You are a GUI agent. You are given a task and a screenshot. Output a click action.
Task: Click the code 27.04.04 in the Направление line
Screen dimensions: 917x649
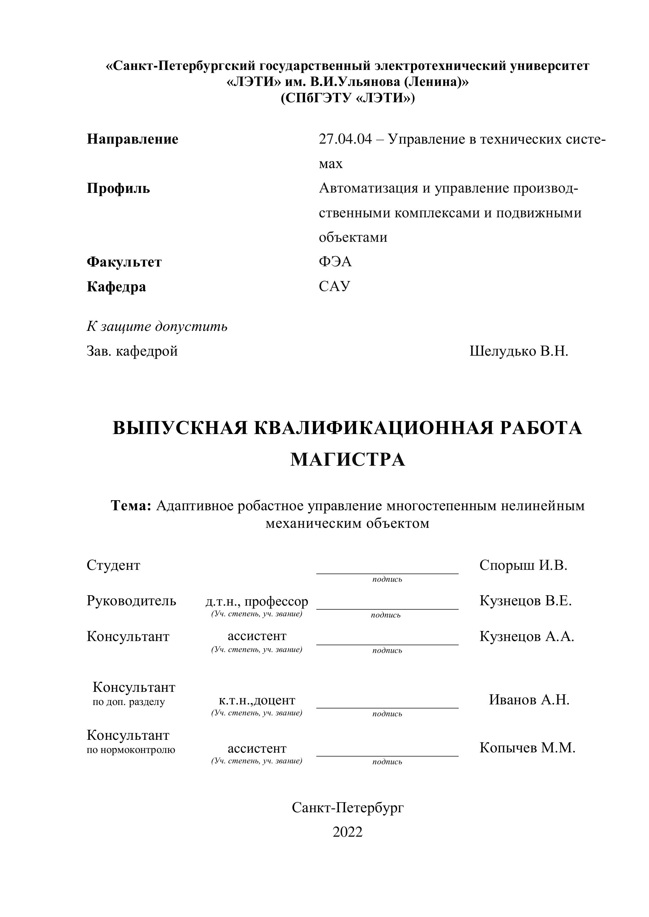click(345, 139)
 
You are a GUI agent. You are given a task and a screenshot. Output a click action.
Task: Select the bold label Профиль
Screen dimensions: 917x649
click(118, 188)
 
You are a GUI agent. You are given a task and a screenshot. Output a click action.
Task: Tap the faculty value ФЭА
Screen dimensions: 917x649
click(335, 262)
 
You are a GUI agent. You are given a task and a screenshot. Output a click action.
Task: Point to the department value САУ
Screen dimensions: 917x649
click(335, 286)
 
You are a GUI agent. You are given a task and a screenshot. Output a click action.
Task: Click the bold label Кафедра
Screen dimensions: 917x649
click(116, 287)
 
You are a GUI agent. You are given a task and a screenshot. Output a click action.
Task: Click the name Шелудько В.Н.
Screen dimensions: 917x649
click(519, 351)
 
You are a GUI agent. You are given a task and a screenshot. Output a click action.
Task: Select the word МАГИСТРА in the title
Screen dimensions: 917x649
click(347, 459)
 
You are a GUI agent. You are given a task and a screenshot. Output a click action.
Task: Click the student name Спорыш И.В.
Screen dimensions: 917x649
click(523, 565)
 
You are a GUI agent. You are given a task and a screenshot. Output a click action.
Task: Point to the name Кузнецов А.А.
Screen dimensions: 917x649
click(527, 636)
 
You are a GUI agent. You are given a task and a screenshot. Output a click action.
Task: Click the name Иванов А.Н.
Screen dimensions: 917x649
click(529, 700)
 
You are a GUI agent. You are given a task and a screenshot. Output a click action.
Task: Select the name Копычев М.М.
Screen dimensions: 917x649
click(527, 748)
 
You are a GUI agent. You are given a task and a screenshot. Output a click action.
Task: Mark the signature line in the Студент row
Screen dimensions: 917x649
click(387, 574)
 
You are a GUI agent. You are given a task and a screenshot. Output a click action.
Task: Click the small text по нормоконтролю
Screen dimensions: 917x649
click(131, 750)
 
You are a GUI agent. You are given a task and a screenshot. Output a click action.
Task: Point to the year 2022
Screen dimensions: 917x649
click(347, 832)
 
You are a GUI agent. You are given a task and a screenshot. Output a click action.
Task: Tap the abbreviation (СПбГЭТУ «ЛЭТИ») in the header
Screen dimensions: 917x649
click(347, 98)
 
